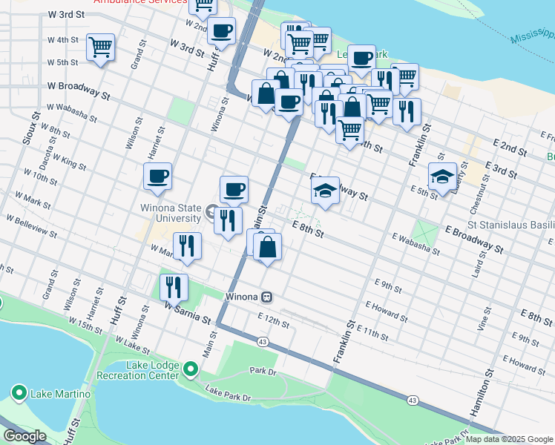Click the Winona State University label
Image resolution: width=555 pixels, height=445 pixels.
[x=170, y=213]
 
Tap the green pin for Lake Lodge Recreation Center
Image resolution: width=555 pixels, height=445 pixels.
[x=191, y=369]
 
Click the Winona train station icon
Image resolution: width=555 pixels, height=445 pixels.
[x=266, y=297]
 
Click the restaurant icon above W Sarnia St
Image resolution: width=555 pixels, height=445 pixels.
[x=174, y=286]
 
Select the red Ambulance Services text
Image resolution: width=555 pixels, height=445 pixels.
[x=140, y=2]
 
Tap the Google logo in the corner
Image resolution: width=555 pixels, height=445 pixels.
[x=25, y=436]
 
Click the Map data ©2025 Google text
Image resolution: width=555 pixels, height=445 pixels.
[x=508, y=439]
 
